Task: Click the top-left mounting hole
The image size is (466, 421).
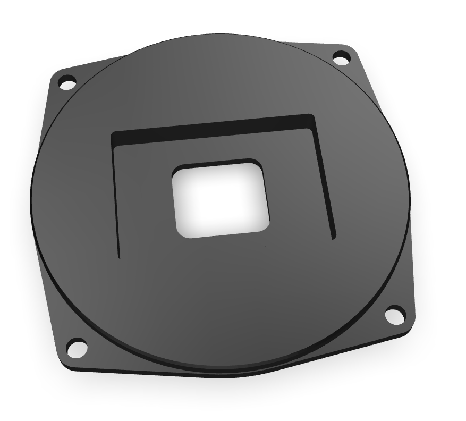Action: pos(67,83)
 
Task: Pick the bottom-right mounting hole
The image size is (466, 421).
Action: pos(394,315)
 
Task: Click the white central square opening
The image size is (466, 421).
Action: pos(221,199)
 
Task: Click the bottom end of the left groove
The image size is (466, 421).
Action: pos(118,256)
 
